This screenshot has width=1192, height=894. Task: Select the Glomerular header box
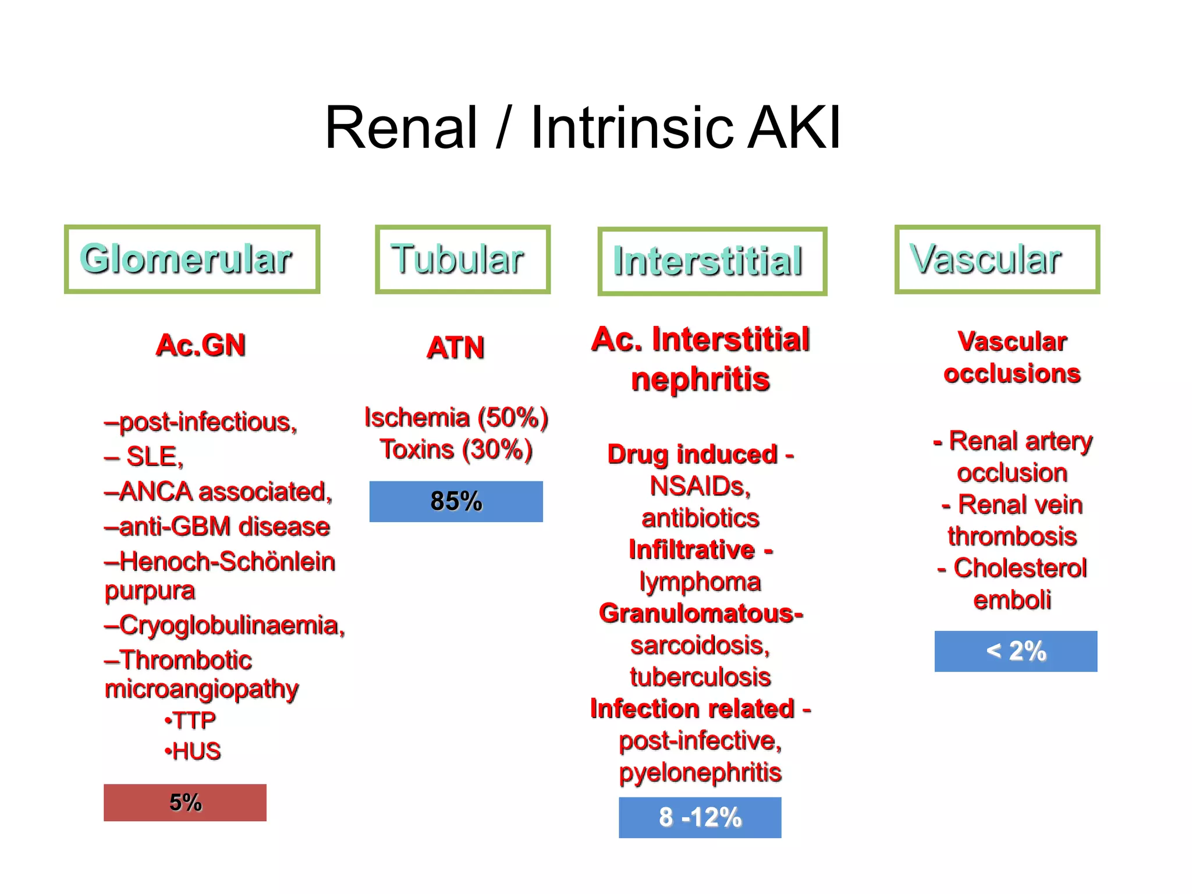(191, 259)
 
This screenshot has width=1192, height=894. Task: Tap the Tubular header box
(462, 259)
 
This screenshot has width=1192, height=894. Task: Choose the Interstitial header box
(712, 261)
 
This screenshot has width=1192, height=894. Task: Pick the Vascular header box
(996, 259)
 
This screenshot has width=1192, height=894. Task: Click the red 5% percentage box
(185, 803)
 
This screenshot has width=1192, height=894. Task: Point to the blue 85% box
(456, 501)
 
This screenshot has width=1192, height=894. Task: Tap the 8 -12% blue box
(700, 817)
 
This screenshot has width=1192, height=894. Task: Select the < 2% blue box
(1016, 651)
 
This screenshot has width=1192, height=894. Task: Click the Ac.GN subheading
(201, 345)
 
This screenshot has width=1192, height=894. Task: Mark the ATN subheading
(455, 348)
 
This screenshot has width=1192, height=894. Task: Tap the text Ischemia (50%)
(456, 417)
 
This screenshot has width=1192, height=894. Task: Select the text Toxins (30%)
(456, 449)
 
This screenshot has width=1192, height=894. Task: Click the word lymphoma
(700, 581)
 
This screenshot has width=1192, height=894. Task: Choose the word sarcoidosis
(700, 645)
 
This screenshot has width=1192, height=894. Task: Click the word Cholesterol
(1020, 568)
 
